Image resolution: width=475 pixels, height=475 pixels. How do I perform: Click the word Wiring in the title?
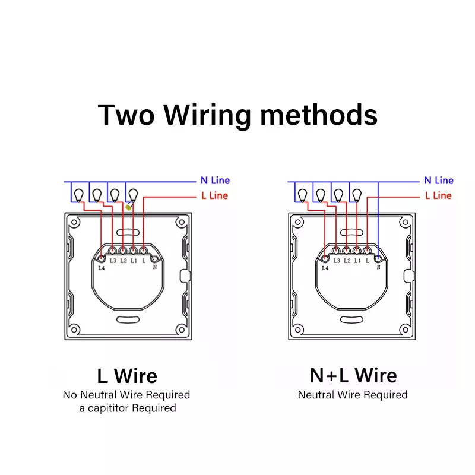[207, 115]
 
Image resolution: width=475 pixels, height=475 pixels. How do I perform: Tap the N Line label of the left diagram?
[215, 180]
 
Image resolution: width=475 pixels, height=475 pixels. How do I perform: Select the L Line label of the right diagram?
[438, 196]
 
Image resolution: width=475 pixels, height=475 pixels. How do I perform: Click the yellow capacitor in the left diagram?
[129, 207]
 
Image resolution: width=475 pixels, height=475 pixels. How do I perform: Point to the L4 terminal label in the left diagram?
[102, 268]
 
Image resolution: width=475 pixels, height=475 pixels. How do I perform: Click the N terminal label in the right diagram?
[378, 267]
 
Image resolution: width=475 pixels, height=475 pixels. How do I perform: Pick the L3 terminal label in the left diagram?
[113, 261]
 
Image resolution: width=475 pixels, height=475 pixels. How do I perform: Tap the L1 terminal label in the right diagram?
[357, 261]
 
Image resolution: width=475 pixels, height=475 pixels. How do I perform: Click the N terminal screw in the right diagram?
[378, 259]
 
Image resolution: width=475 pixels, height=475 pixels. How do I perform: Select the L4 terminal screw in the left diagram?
[101, 259]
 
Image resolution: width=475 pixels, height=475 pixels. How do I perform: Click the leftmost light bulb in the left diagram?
[79, 195]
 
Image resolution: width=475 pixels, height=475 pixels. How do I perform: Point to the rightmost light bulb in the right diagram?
[357, 195]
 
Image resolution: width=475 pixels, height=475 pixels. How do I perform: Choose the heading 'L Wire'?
[127, 376]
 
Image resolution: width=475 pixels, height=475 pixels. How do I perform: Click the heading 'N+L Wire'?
[353, 375]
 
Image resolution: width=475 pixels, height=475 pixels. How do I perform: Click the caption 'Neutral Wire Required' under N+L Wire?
[353, 395]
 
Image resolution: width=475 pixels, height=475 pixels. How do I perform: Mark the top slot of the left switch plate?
[128, 233]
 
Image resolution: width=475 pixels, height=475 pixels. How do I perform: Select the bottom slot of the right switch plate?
[351, 319]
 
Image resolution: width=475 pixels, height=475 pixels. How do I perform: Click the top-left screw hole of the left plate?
[74, 222]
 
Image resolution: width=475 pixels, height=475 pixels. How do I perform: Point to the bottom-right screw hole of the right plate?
[405, 330]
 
